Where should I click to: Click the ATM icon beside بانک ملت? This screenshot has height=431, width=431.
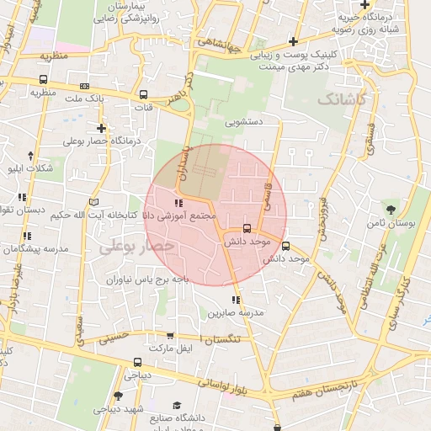pyautogui.click(x=84, y=86)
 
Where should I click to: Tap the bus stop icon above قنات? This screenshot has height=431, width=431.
pyautogui.click(x=143, y=95)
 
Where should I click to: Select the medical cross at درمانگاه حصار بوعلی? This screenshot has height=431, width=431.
pyautogui.click(x=102, y=128)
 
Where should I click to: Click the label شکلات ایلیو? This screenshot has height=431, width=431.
pyautogui.click(x=29, y=168)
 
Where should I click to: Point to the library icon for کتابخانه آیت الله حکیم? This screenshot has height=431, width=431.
pyautogui.click(x=93, y=201)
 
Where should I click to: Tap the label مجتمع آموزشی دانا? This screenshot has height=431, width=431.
pyautogui.click(x=182, y=216)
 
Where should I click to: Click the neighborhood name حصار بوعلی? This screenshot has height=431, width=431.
pyautogui.click(x=136, y=246)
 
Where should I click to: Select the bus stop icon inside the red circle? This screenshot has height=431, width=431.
pyautogui.click(x=247, y=228)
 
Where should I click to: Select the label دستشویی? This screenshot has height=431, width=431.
pyautogui.click(x=243, y=122)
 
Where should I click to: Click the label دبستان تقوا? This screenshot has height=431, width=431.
pyautogui.click(x=23, y=209)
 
